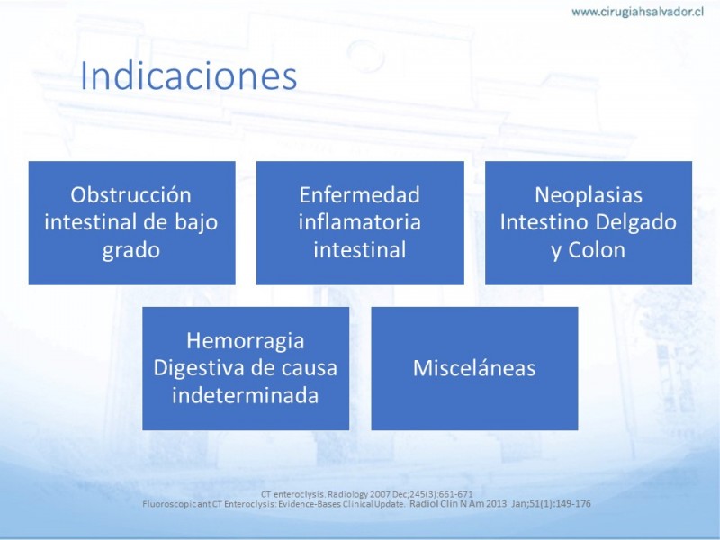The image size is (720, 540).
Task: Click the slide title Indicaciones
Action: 189,76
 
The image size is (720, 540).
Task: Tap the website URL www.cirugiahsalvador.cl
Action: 637,12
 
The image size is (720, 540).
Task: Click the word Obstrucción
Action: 130,195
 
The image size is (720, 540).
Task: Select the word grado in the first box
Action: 130,251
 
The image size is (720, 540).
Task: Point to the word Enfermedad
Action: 359,195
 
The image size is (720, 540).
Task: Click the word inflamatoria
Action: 359,222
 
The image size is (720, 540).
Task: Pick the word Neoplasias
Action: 589,195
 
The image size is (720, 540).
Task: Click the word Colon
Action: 597,250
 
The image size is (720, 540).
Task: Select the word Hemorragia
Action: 245,341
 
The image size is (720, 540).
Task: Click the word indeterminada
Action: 245,395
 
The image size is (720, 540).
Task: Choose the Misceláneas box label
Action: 474,368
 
